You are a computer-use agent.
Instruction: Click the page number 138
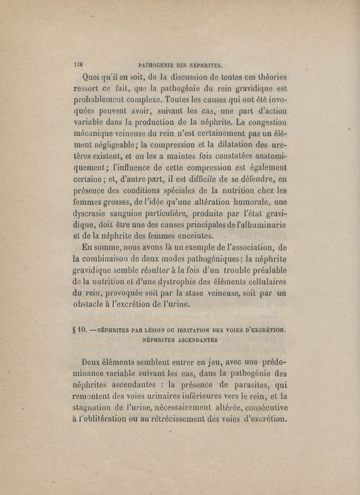tap(80, 63)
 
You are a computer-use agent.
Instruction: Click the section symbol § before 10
tap(73, 330)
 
